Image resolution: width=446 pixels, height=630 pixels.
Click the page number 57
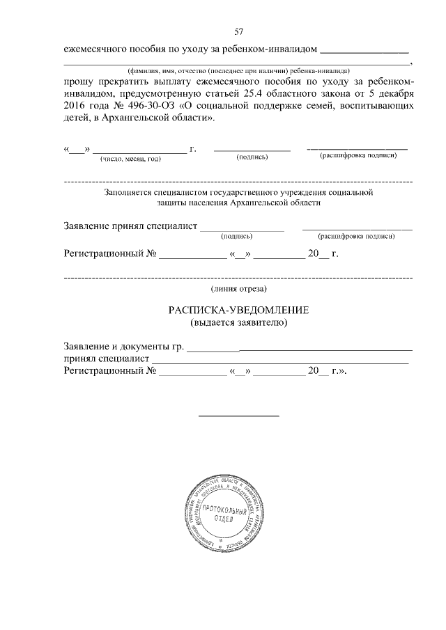238,32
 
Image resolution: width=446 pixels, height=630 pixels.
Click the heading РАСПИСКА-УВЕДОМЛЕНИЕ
238,310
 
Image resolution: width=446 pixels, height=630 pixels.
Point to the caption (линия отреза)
238,288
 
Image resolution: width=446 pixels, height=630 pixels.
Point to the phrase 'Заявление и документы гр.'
124,346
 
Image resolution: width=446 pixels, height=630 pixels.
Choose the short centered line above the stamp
239,416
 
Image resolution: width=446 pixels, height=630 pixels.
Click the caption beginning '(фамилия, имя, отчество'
238,70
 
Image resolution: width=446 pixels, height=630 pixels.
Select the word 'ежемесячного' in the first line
95,50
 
